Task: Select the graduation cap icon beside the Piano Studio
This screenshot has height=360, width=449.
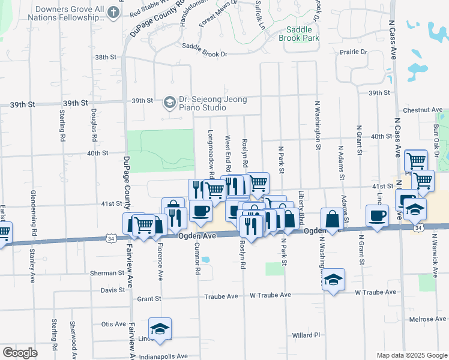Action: coord(169,103)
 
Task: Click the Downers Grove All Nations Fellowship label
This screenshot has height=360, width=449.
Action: coord(70,14)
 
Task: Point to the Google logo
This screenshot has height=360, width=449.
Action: coord(20,353)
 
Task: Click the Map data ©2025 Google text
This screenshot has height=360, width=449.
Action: coord(411,355)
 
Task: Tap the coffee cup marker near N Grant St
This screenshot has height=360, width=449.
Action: coord(377,216)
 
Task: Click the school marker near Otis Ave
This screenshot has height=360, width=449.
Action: coord(160,329)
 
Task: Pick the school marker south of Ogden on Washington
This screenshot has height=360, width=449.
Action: coord(334,280)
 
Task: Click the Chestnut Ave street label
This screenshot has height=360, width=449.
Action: coord(423,110)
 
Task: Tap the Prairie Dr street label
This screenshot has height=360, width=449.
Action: coord(354,52)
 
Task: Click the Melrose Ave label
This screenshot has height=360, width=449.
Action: coord(424,320)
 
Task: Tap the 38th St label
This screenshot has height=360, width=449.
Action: coord(104,57)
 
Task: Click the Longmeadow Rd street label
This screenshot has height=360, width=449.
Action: coord(211,155)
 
